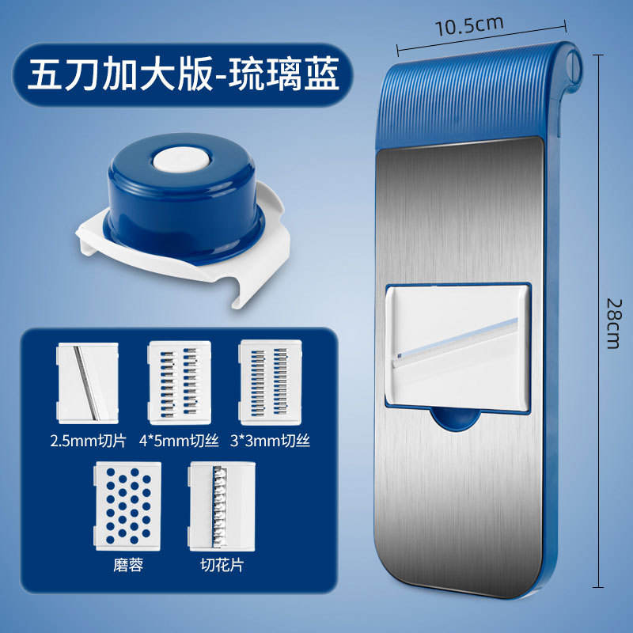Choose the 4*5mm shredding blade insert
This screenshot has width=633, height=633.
(180, 379)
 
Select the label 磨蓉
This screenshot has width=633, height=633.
(127, 567)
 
